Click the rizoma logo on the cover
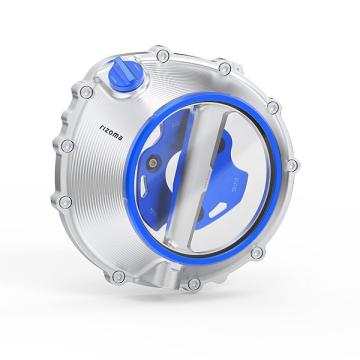pos(111,131)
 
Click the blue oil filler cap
pos(125,74)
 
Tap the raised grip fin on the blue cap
pos(123,69)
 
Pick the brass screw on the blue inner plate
pos(153,163)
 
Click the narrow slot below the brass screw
pos(143,186)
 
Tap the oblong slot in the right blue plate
pos(218,210)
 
